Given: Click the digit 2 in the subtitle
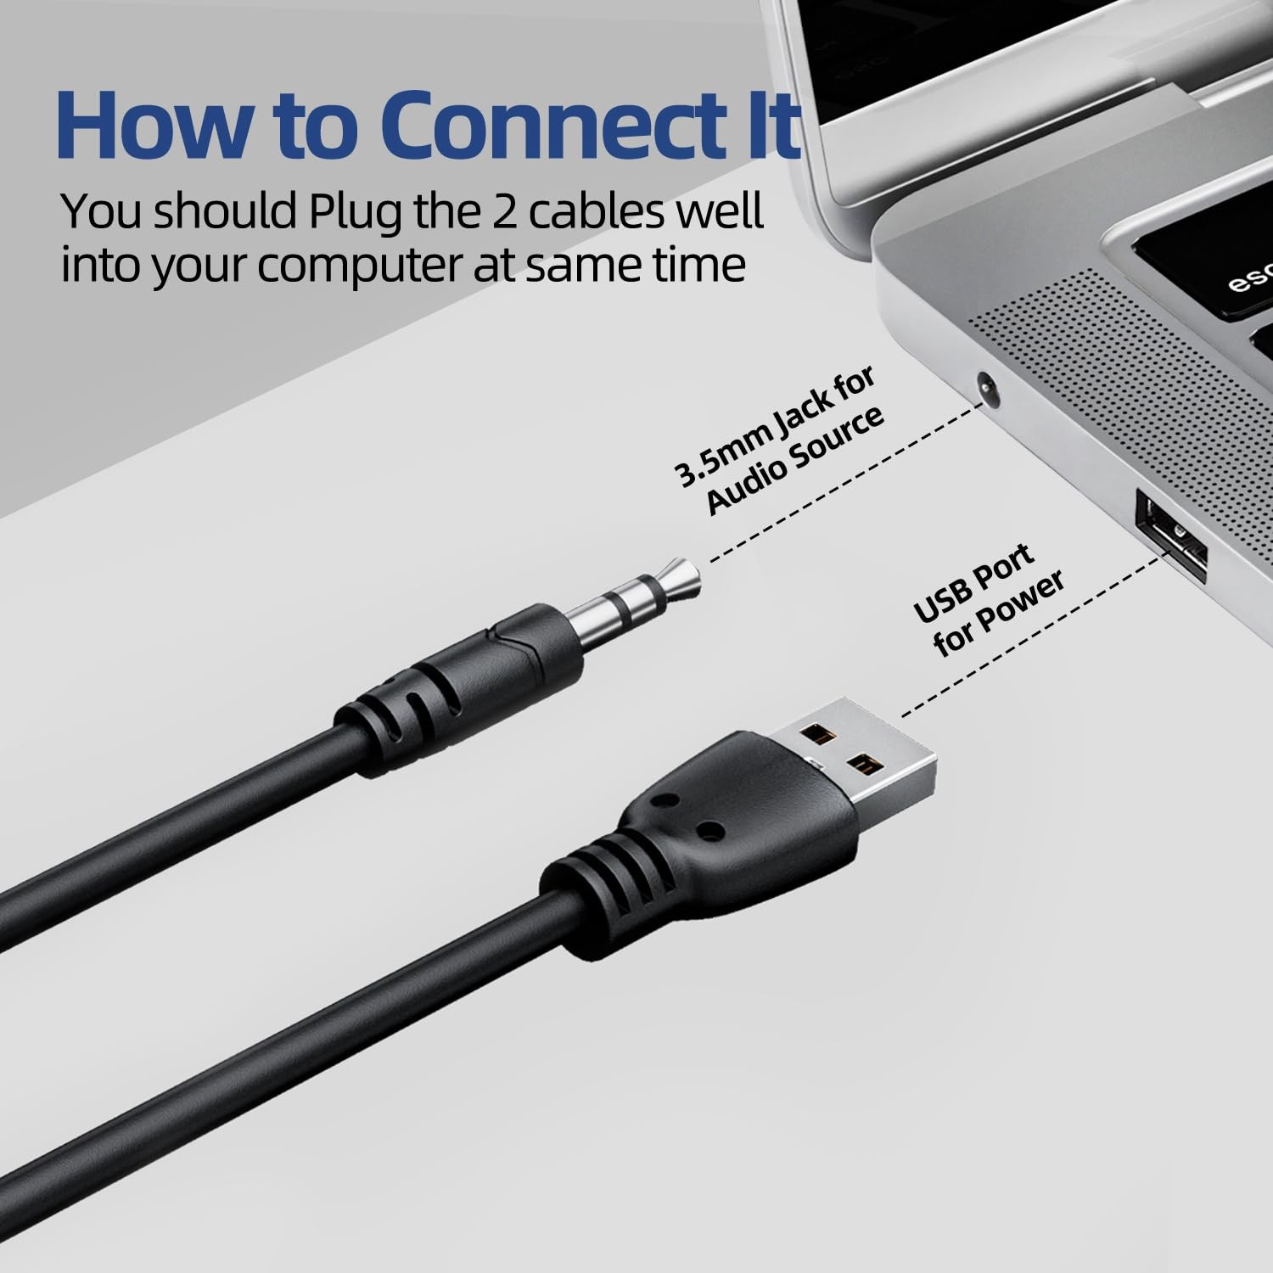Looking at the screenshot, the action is [x=493, y=211].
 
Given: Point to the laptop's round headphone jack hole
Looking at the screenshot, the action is [x=986, y=387].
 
